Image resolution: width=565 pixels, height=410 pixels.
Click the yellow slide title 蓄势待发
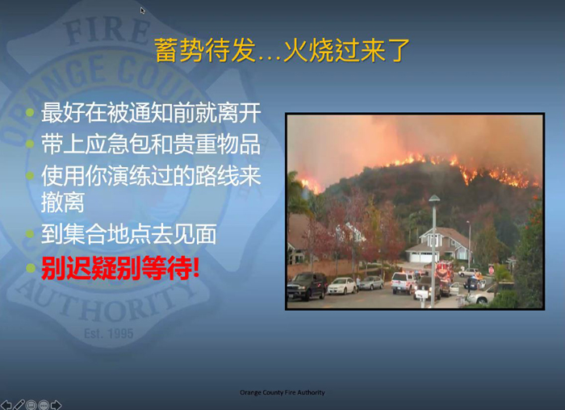205,50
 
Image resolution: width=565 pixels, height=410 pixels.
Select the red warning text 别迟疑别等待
120,268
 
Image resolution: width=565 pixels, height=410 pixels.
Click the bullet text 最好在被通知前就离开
151,113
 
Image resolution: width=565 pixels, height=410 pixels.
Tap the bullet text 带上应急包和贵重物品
151,144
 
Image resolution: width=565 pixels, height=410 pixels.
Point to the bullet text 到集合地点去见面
128,234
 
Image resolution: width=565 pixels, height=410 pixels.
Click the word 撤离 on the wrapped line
63,202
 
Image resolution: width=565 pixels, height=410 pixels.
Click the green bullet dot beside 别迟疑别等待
31,268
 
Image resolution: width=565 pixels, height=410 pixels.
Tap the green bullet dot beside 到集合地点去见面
31,234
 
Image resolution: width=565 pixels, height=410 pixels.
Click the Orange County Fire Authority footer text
282,392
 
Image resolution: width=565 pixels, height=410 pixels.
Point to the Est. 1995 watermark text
108,333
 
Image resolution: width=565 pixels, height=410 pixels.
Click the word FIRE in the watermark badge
107,31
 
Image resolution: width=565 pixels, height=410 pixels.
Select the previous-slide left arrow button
6,405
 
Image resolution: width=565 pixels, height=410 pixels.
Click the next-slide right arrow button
56,405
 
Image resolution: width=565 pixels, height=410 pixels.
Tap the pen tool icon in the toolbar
19,405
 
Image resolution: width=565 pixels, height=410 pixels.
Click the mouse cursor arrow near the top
143,10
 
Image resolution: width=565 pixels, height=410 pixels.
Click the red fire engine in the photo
444,271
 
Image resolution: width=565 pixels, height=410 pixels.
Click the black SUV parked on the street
307,286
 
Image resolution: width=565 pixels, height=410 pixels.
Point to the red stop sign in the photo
491,270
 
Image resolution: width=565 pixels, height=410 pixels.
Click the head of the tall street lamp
434,199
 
